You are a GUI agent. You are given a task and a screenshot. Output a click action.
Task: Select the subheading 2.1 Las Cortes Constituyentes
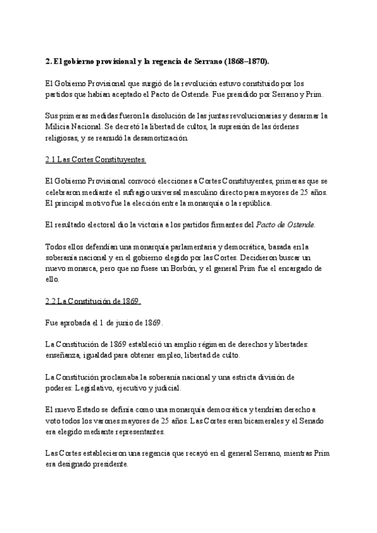point(96,160)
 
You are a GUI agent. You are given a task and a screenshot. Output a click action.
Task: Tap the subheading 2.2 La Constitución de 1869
point(93,301)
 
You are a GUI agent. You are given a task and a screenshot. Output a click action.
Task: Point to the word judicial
point(166,388)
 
